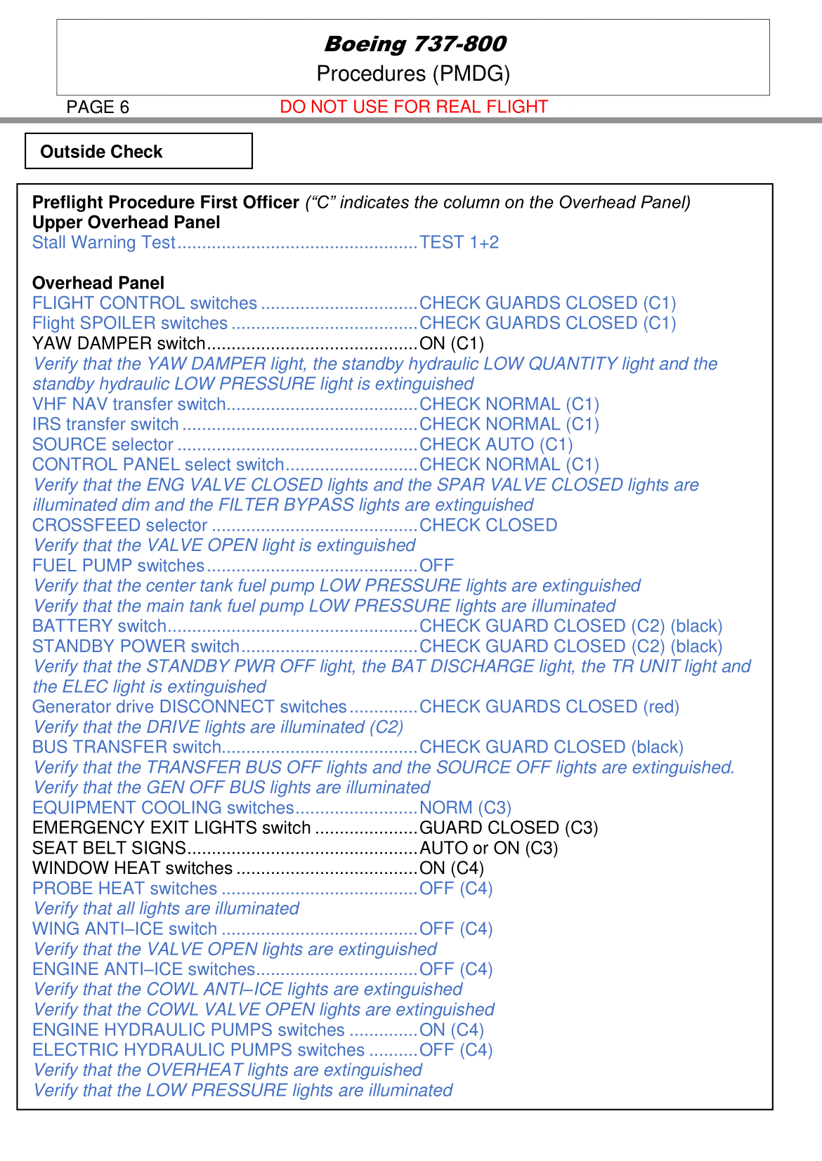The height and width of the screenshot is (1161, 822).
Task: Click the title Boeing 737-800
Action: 415,44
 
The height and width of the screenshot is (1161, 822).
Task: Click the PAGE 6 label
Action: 98,107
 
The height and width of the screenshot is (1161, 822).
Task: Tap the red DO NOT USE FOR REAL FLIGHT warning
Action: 413,107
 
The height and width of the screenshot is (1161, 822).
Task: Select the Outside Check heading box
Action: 138,152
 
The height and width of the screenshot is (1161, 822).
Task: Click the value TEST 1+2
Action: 459,243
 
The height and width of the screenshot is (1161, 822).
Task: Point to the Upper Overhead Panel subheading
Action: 126,223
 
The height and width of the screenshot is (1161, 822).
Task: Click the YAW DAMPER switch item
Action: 119,344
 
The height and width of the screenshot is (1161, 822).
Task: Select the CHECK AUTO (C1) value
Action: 496,445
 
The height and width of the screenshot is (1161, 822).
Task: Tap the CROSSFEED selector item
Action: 119,526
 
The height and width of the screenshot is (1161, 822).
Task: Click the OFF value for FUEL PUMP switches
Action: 436,566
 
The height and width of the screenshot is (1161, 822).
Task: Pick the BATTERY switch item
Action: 99,626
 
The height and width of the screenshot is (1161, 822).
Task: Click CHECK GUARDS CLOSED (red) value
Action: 549,707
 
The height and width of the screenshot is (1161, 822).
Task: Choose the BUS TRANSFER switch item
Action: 126,748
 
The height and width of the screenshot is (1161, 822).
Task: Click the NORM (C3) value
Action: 465,808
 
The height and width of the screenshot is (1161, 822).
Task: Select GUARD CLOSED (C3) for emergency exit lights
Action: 509,828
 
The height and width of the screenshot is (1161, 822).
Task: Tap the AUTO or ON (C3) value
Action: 488,849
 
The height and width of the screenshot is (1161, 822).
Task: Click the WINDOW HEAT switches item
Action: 132,869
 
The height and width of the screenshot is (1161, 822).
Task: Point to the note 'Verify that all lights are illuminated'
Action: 167,909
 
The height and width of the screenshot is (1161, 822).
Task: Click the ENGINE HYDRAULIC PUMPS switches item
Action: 188,1030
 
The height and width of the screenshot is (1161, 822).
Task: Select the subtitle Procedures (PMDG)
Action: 413,74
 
